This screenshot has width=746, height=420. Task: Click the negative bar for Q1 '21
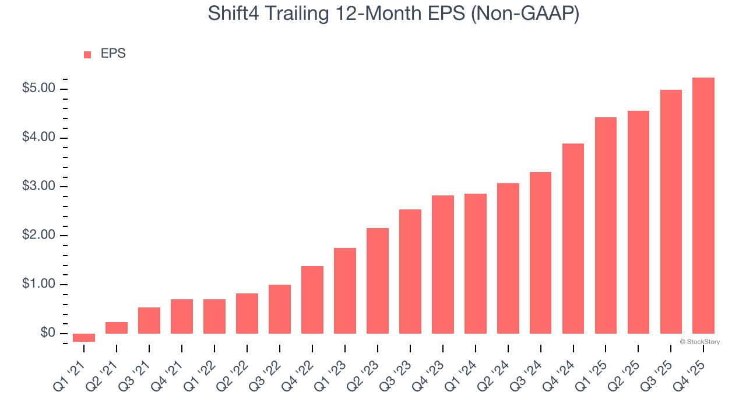(x=84, y=338)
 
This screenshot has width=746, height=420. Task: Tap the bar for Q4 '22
(x=312, y=300)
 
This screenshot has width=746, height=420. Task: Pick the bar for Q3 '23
(x=410, y=271)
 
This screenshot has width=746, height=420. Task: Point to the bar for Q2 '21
(x=117, y=328)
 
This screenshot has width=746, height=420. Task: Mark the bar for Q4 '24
(x=573, y=239)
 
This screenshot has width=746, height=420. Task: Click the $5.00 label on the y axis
(x=38, y=89)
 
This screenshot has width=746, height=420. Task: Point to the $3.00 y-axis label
(x=38, y=187)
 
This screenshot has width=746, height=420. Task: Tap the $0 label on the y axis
(x=48, y=333)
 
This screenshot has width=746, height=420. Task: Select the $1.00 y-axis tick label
(x=38, y=285)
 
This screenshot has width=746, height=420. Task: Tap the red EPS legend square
(x=87, y=54)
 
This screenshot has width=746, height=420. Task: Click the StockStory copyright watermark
(x=699, y=342)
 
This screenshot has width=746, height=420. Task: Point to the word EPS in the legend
(x=113, y=54)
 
